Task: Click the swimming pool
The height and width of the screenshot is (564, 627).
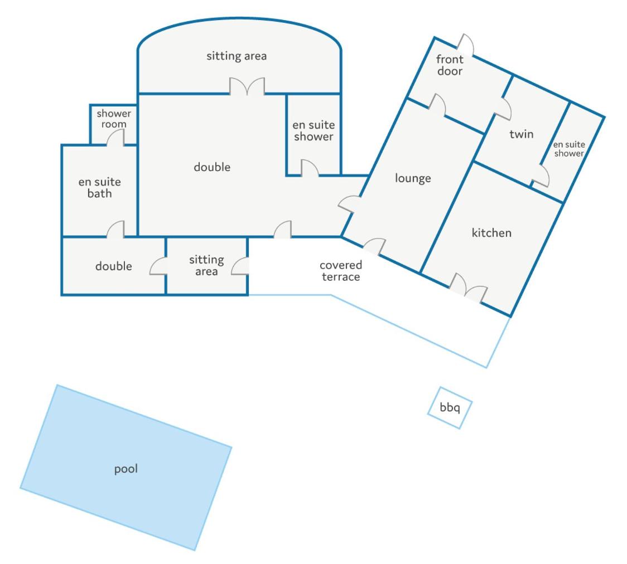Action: [x=126, y=468]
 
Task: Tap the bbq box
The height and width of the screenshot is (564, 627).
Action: [x=450, y=408]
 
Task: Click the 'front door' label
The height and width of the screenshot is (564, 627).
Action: [x=450, y=65]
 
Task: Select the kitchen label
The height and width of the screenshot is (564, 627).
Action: [x=491, y=232]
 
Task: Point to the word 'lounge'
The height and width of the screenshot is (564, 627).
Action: [x=413, y=178]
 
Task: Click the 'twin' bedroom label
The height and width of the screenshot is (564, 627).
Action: [x=522, y=134]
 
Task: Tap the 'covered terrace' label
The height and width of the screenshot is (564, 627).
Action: [x=341, y=271]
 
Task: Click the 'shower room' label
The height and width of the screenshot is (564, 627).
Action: [x=114, y=119]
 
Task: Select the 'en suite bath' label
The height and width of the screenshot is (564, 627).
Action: [x=99, y=187]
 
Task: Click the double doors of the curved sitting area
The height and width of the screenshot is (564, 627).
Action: [x=247, y=86]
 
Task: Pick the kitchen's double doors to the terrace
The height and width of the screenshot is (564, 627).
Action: [x=468, y=287]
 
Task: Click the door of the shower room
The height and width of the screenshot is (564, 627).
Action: [x=115, y=138]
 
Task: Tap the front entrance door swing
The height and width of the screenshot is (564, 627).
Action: [x=465, y=45]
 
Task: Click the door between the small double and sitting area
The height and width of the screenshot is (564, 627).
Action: [x=158, y=266]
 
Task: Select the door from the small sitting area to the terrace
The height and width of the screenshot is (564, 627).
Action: [x=240, y=266]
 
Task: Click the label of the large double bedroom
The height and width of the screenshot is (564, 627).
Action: [x=212, y=167]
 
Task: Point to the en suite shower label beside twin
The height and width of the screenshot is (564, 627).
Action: [x=569, y=149]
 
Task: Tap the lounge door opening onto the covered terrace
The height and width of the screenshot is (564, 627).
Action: [x=374, y=246]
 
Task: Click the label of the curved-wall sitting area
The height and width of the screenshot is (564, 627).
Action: [x=237, y=56]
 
